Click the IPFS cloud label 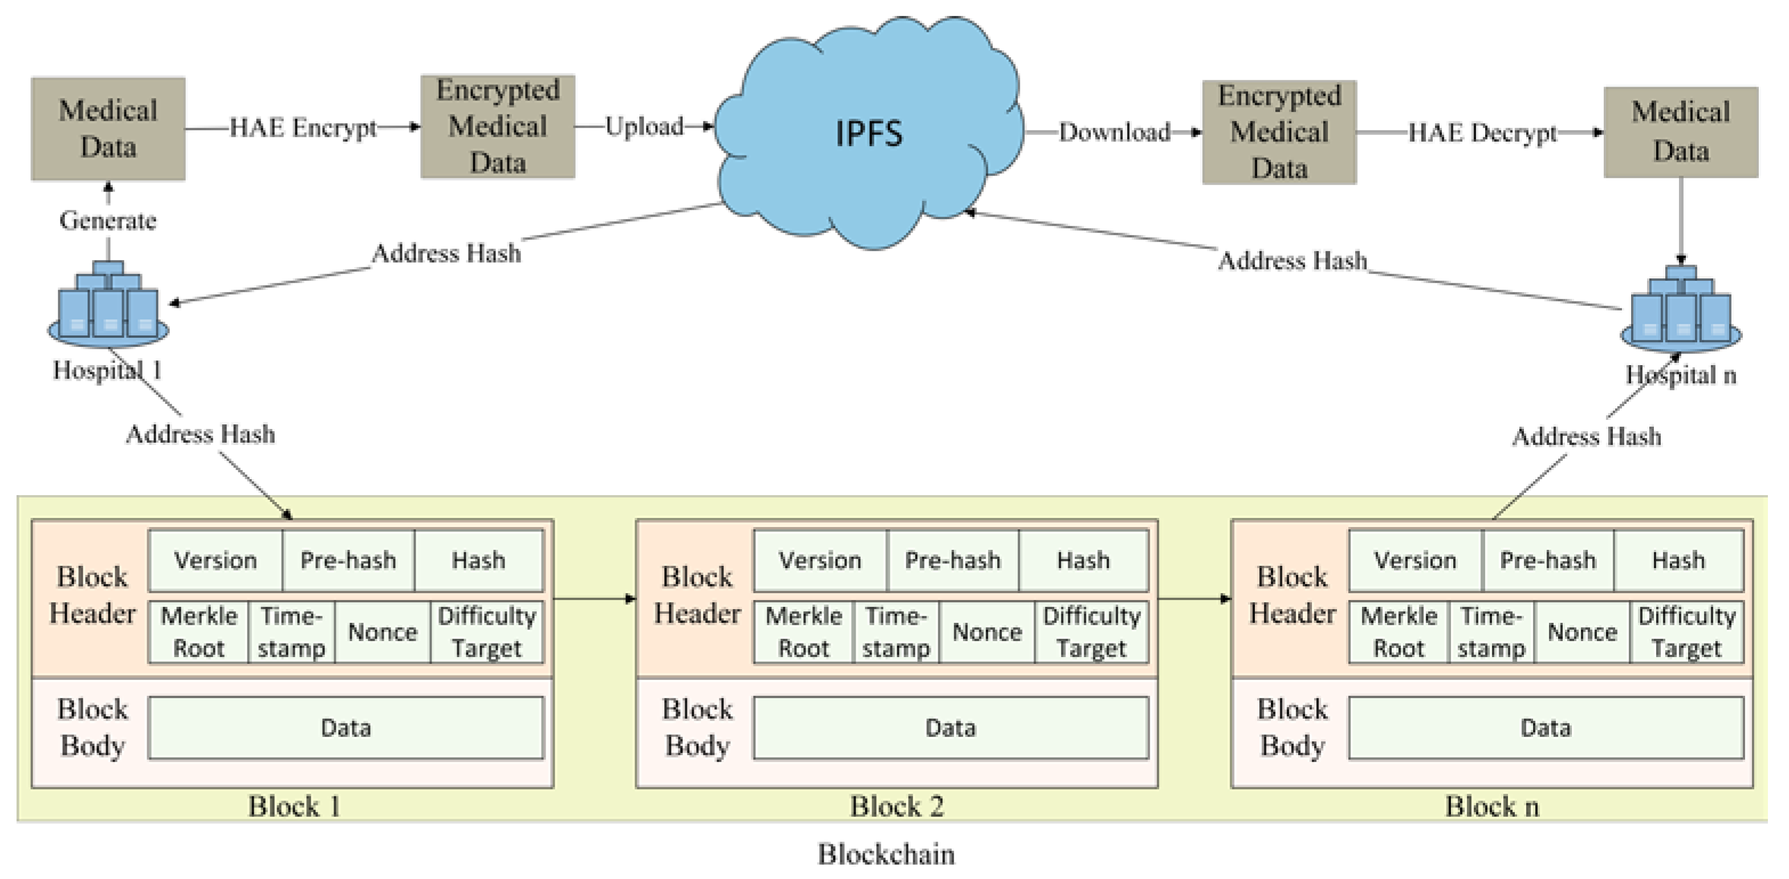pos(868,133)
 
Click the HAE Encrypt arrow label pos(303,128)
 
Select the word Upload pos(644,127)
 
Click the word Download pos(1114,132)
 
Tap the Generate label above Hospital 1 pos(108,220)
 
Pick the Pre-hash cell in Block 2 pos(953,560)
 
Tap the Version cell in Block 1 pos(216,560)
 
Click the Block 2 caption pos(897,807)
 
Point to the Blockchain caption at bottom pos(885,854)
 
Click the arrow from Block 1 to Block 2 pos(595,598)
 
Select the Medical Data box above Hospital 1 pos(108,129)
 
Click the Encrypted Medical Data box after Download pos(1279,132)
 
